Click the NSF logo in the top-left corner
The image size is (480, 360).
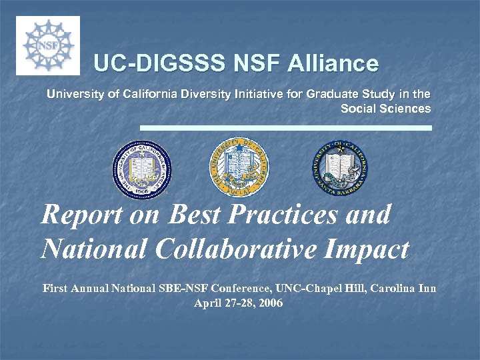coord(47,45)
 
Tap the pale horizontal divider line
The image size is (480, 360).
coord(285,127)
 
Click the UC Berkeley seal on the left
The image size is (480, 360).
coord(141,169)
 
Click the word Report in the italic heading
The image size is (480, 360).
coord(81,215)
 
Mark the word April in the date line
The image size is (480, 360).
coord(207,304)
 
